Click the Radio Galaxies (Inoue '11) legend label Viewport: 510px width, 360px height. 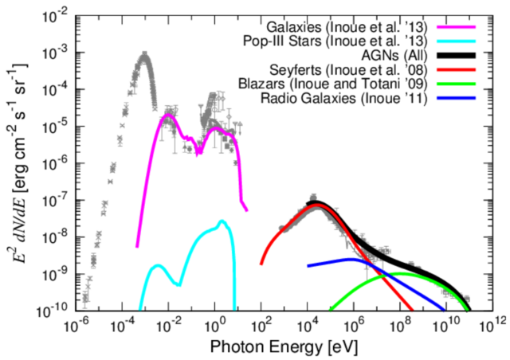point(343,97)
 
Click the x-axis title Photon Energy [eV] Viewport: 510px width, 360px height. point(283,348)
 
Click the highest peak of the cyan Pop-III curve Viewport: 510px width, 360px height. point(222,221)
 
